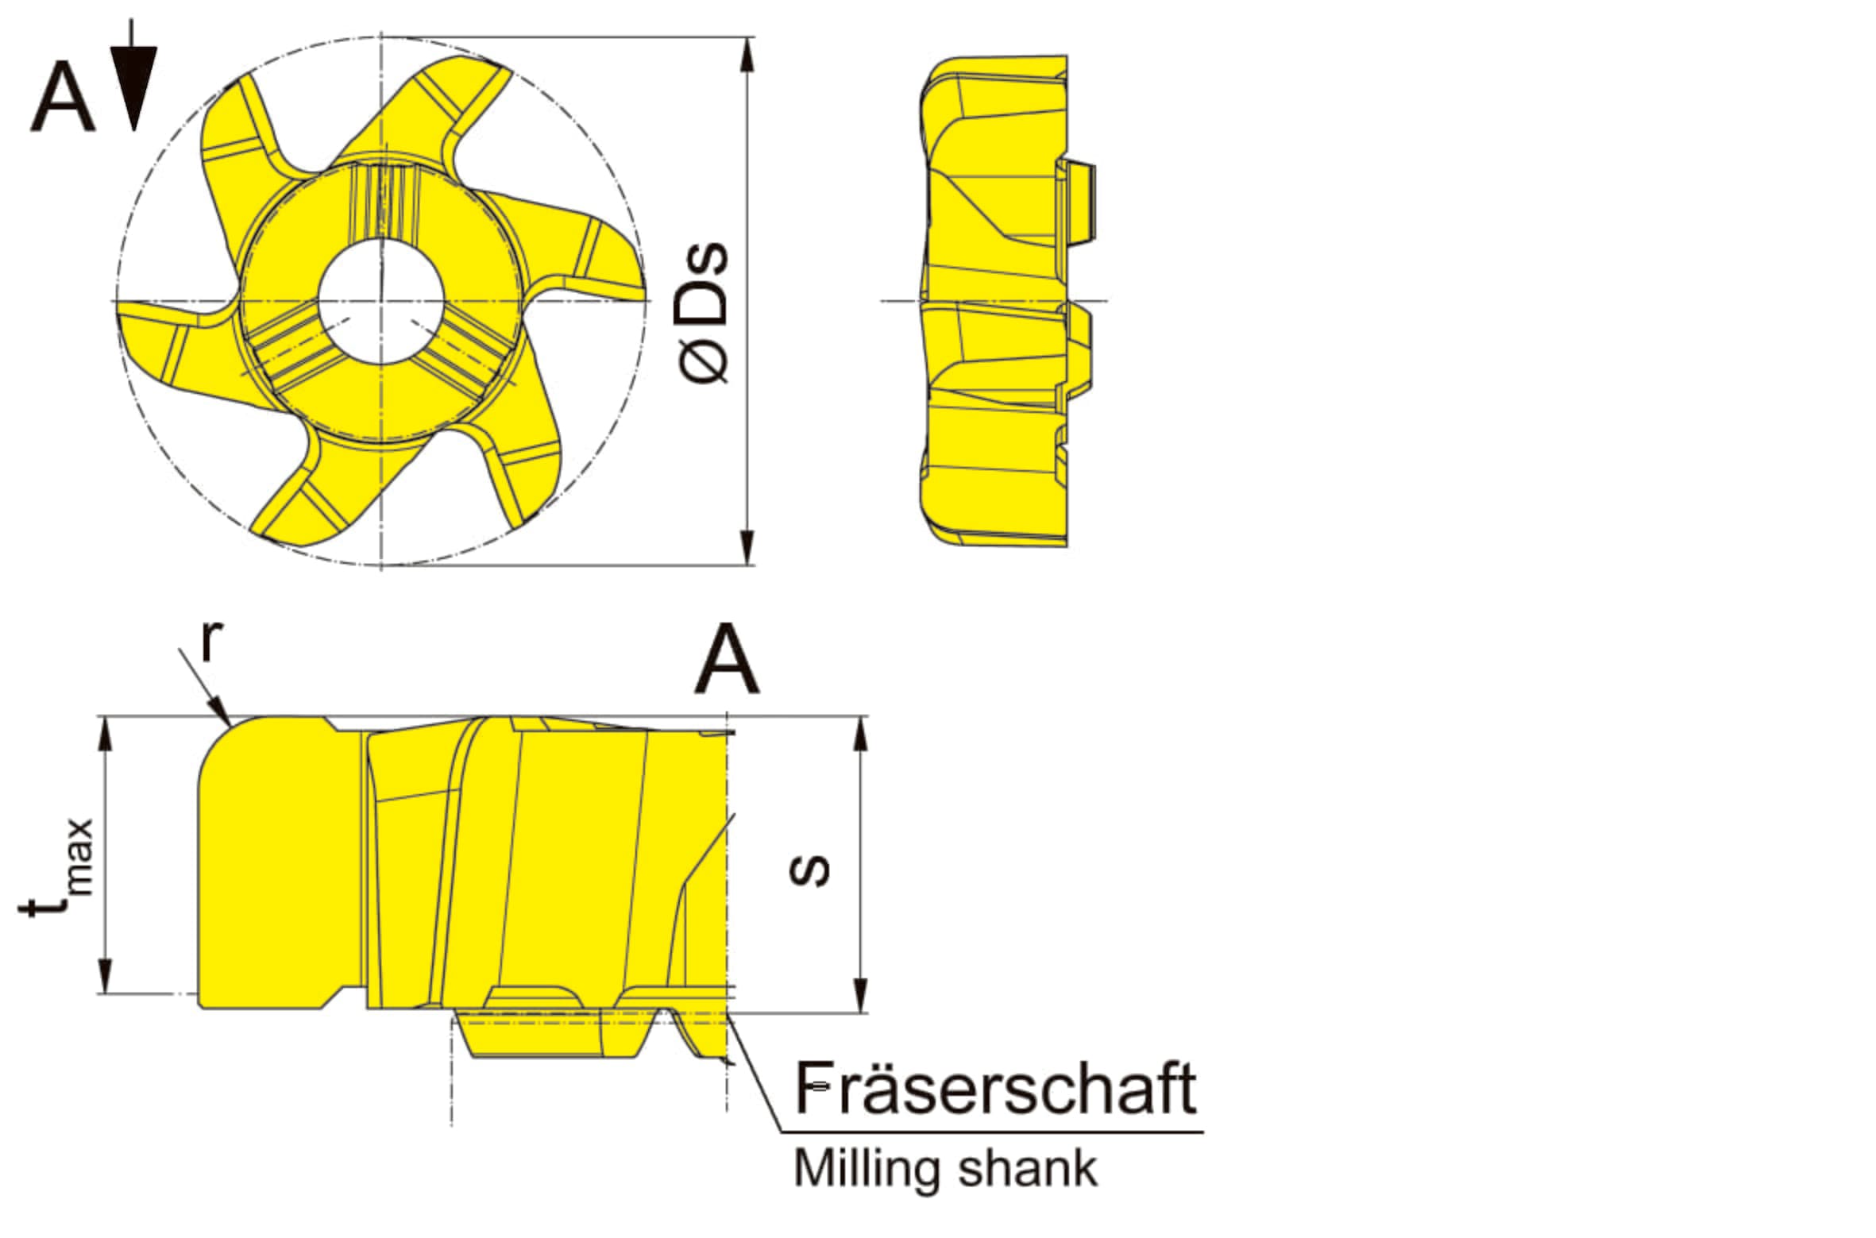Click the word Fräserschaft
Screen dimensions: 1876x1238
(x=996, y=1088)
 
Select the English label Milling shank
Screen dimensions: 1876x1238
(x=945, y=1169)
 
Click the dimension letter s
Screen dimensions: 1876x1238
(x=809, y=870)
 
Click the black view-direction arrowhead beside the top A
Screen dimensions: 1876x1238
(x=133, y=87)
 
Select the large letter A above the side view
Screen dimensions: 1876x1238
(x=727, y=658)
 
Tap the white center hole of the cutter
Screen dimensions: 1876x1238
(x=380, y=301)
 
